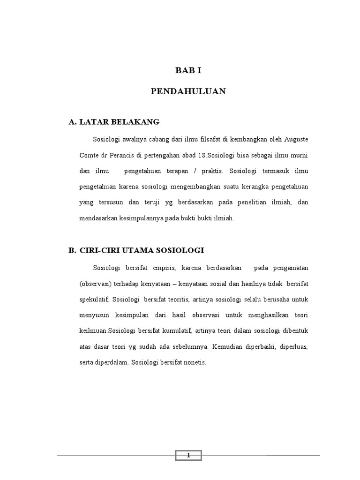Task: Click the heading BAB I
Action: point(188,71)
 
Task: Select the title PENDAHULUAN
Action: point(188,92)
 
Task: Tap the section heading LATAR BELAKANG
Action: point(120,122)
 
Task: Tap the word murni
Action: point(298,155)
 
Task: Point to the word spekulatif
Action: point(94,299)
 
